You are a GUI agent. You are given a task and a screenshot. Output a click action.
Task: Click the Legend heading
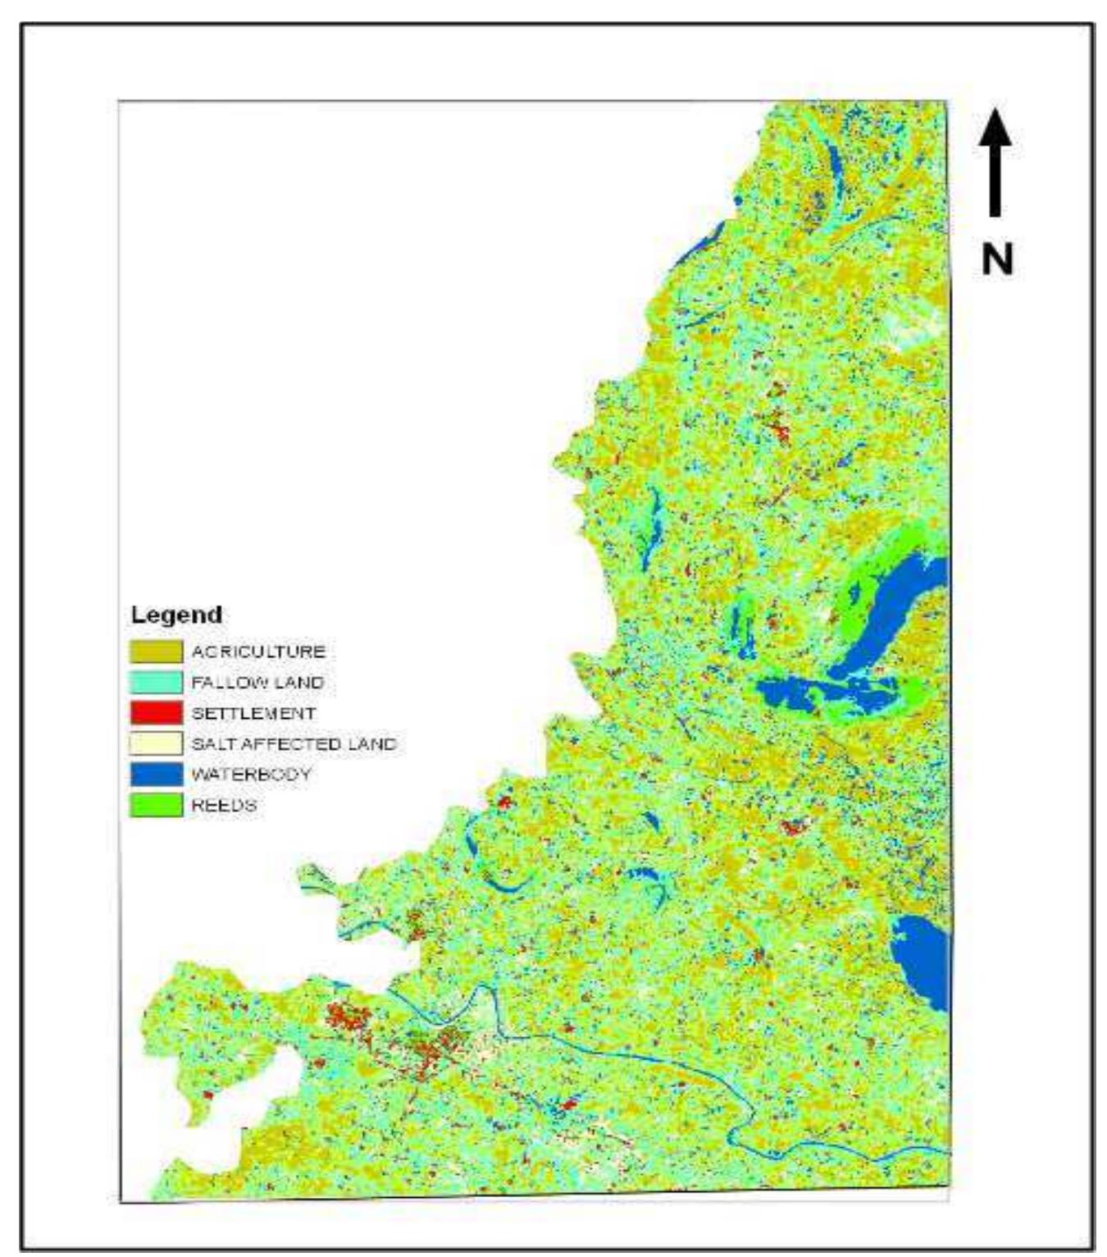(176, 615)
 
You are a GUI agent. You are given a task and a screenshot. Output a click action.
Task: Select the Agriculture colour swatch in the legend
(156, 651)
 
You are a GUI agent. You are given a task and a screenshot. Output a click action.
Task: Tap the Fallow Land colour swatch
(156, 683)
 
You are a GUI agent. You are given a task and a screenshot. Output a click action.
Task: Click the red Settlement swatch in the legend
(156, 713)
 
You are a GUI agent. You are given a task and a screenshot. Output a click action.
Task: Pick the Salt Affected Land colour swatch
(156, 743)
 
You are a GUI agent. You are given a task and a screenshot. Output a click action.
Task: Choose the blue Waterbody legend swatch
(156, 774)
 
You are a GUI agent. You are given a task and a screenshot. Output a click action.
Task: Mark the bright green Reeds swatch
(156, 805)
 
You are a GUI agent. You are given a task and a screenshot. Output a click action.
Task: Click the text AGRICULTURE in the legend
(258, 651)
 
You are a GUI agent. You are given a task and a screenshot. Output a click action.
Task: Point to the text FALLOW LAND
(257, 683)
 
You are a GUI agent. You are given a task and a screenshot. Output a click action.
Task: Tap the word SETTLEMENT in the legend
(253, 713)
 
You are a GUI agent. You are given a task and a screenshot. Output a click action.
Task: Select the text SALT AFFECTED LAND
(294, 743)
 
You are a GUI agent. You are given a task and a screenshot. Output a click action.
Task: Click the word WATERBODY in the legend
(251, 774)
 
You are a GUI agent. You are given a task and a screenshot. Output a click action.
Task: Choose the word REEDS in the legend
(224, 805)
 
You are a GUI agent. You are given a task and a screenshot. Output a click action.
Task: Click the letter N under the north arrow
(997, 260)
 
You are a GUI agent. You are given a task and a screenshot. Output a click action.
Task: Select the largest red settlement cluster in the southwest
(348, 1019)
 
